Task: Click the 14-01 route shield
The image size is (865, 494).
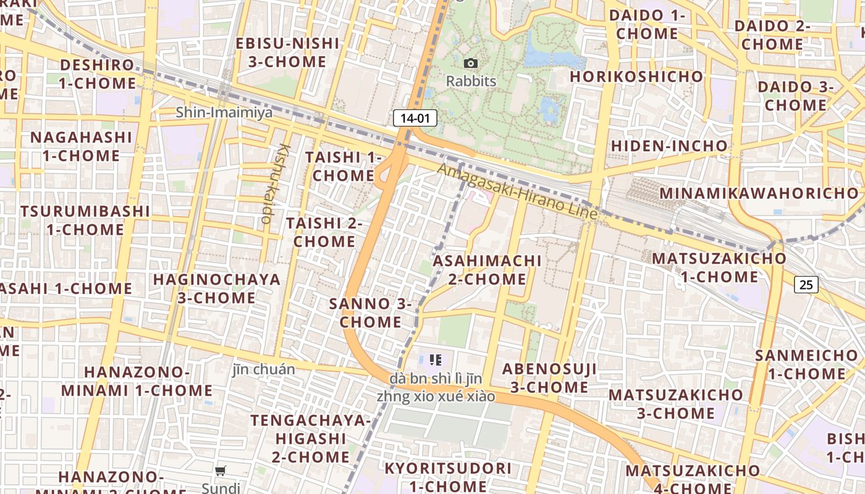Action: pyautogui.click(x=415, y=118)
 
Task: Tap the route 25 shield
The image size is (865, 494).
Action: pyautogui.click(x=806, y=285)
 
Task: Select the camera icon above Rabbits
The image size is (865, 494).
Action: pyautogui.click(x=471, y=63)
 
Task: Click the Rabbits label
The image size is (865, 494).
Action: pyautogui.click(x=471, y=81)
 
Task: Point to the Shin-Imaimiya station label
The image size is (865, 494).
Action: pyautogui.click(x=224, y=112)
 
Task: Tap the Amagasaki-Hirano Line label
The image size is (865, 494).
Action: pyautogui.click(x=518, y=191)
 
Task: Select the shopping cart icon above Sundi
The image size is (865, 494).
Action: pyautogui.click(x=221, y=471)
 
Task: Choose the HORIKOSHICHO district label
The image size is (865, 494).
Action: pyautogui.click(x=636, y=77)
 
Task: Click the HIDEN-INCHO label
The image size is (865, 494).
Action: pyautogui.click(x=669, y=146)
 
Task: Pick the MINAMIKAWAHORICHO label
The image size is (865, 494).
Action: pyautogui.click(x=759, y=193)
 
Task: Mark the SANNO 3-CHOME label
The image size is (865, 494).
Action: pyautogui.click(x=370, y=312)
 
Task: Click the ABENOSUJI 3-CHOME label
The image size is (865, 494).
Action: pyautogui.click(x=549, y=378)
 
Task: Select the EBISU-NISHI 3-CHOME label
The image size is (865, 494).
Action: pyautogui.click(x=287, y=52)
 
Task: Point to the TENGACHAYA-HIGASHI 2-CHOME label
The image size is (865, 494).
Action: pyautogui.click(x=311, y=438)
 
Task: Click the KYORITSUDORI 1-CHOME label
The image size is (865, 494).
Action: pyautogui.click(x=448, y=477)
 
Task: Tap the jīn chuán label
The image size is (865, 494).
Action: pyautogui.click(x=264, y=369)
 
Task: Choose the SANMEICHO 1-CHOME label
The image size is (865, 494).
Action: pyautogui.click(x=806, y=364)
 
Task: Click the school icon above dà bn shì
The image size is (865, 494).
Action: pyautogui.click(x=436, y=359)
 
